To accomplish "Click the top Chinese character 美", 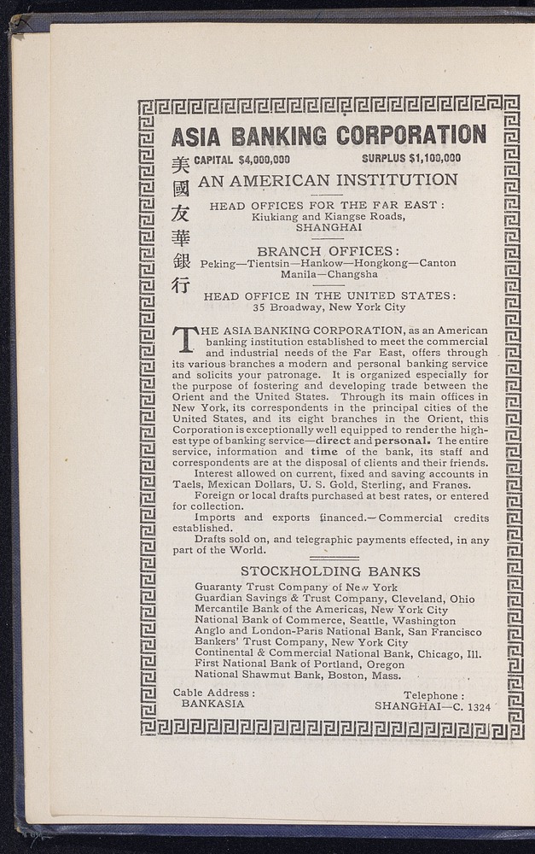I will click(180, 165).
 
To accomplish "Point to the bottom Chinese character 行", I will click(180, 285).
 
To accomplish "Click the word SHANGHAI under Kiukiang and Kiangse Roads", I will click(329, 228).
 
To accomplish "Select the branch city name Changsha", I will click(350, 275).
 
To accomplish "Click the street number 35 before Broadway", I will click(259, 307).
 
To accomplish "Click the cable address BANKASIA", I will click(212, 705).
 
